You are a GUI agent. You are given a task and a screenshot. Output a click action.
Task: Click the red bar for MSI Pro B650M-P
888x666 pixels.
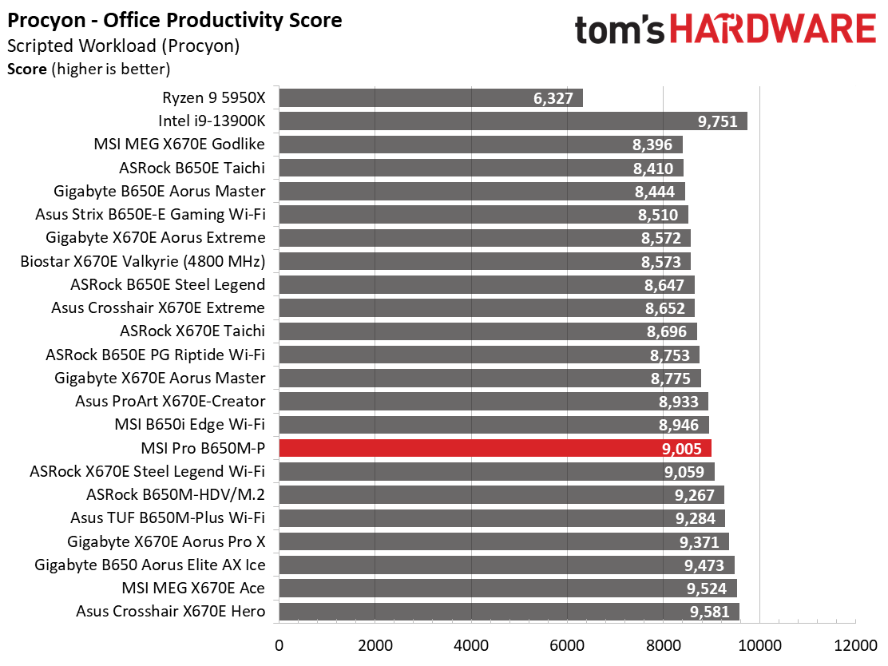pyautogui.click(x=495, y=448)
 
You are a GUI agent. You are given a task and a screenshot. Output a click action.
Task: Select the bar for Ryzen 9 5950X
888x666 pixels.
pyautogui.click(x=431, y=98)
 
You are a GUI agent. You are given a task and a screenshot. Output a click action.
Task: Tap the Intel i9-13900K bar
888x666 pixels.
pyautogui.click(x=513, y=121)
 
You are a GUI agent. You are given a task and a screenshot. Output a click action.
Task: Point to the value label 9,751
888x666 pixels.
pyautogui.click(x=718, y=121)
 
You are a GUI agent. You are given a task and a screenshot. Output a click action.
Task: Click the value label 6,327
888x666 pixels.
pyautogui.click(x=553, y=98)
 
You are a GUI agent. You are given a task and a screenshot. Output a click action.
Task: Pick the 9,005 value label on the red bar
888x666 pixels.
pyautogui.click(x=682, y=449)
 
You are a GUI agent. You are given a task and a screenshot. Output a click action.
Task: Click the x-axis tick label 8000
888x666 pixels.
pyautogui.click(x=663, y=645)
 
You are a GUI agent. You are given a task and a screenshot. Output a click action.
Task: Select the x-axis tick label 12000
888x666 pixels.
pyautogui.click(x=855, y=645)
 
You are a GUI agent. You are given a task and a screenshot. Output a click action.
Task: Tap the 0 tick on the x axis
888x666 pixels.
pyautogui.click(x=279, y=645)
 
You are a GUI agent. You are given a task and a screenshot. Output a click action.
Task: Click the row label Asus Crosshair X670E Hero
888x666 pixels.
pyautogui.click(x=170, y=612)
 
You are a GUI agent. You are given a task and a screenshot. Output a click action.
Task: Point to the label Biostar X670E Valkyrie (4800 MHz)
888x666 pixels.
pyautogui.click(x=143, y=262)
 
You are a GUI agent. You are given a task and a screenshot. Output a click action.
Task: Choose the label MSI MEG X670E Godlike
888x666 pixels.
pyautogui.click(x=179, y=144)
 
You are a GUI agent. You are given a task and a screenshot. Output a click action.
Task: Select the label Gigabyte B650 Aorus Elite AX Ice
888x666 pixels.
pyautogui.click(x=150, y=565)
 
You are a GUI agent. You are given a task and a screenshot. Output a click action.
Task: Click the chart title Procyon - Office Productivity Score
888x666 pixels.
pyautogui.click(x=174, y=21)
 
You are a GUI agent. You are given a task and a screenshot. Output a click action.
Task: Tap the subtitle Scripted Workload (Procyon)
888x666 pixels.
pyautogui.click(x=124, y=46)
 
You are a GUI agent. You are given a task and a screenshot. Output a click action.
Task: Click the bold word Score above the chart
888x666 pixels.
pyautogui.click(x=26, y=69)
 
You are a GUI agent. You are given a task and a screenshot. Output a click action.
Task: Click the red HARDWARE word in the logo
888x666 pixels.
pyautogui.click(x=774, y=30)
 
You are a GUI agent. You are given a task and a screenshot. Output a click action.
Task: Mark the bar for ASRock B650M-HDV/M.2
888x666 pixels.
pyautogui.click(x=501, y=494)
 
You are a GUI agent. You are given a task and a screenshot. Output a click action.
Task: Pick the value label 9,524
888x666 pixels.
pyautogui.click(x=707, y=589)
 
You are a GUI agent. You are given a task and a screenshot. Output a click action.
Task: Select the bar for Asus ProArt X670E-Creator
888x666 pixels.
pyautogui.click(x=494, y=401)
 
